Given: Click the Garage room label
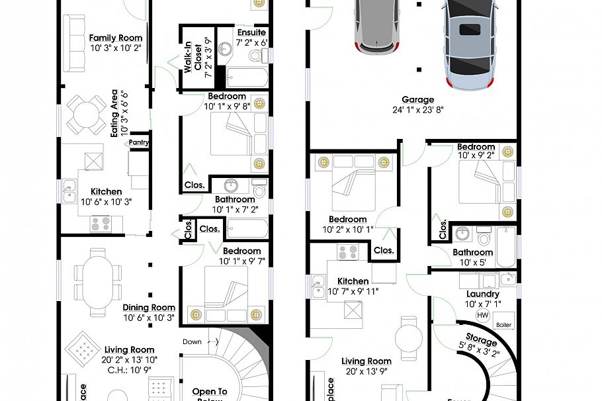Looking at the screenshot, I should coord(417,100).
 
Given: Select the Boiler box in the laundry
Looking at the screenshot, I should coord(503,325).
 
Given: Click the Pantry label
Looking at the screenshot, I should coord(139,142).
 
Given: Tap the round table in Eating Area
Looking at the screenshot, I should coord(86,113).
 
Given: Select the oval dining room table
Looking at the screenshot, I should coord(99,282).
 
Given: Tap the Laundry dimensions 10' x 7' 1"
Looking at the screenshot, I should coord(482,304).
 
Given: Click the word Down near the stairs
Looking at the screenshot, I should coord(192,341).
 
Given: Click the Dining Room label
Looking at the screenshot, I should coord(149,307).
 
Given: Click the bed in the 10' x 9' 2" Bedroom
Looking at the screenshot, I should coord(488,181).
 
